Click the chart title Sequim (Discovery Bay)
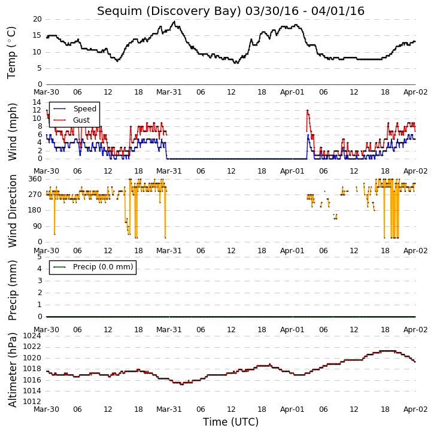(x=169, y=11)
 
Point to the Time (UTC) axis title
(x=230, y=422)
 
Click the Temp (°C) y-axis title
(x=11, y=53)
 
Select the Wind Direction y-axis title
(x=13, y=211)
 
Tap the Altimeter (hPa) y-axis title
(x=12, y=370)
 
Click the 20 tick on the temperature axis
(x=37, y=19)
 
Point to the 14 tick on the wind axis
(x=37, y=102)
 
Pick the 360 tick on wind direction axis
(x=35, y=179)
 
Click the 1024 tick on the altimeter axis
(x=32, y=336)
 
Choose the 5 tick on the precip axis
(x=40, y=257)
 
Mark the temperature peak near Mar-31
(x=174, y=22)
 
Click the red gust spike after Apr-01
(x=308, y=110)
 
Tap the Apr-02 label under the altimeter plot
(x=415, y=409)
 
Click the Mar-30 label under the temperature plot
(x=46, y=92)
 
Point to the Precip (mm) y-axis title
(x=12, y=290)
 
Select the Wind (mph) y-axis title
(x=13, y=132)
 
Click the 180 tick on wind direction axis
(x=35, y=210)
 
